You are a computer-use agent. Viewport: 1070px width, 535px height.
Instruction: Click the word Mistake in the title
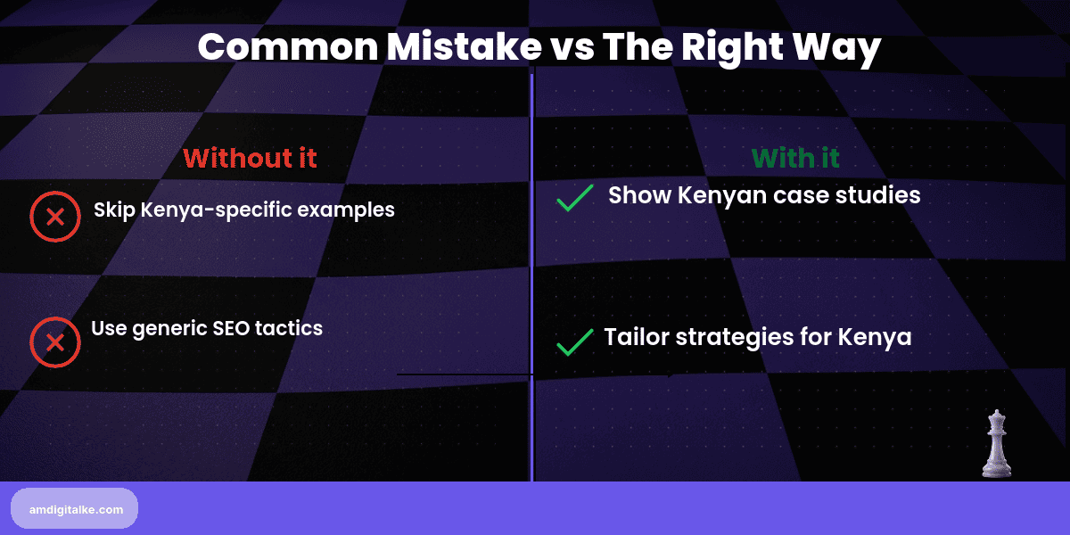[453, 46]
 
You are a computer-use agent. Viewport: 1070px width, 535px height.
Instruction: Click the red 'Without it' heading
[250, 159]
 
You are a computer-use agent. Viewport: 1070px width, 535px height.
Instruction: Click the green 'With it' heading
[795, 159]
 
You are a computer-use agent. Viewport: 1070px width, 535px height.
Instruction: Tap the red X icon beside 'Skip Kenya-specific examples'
[55, 216]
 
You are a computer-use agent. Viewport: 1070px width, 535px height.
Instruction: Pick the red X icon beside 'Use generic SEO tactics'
[55, 342]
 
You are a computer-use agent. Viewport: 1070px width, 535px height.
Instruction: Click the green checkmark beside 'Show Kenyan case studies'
[575, 198]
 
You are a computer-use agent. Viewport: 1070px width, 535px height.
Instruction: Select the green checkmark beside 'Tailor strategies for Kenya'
[575, 342]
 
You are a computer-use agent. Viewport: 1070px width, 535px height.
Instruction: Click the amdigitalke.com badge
[75, 508]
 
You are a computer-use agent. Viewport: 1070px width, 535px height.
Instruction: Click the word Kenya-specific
[208, 211]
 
